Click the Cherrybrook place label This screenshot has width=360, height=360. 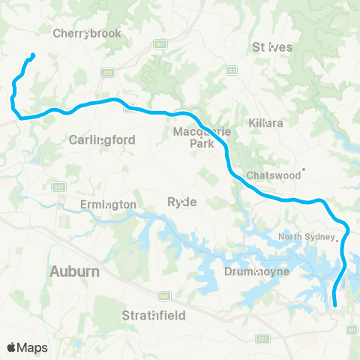pyautogui.click(x=82, y=33)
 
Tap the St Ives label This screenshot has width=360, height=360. pyautogui.click(x=273, y=46)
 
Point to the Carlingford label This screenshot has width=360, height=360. pyautogui.click(x=101, y=139)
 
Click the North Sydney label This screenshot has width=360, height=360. pyautogui.click(x=307, y=238)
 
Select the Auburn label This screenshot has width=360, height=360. pyautogui.click(x=74, y=271)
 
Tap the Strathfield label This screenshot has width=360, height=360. pyautogui.click(x=154, y=316)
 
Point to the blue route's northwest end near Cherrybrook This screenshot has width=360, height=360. pyautogui.click(x=33, y=54)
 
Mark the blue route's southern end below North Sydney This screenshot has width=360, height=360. pyautogui.click(x=334, y=306)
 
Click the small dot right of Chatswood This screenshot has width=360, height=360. pyautogui.click(x=304, y=169)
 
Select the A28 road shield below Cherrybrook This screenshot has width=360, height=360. pyautogui.click(x=108, y=73)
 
